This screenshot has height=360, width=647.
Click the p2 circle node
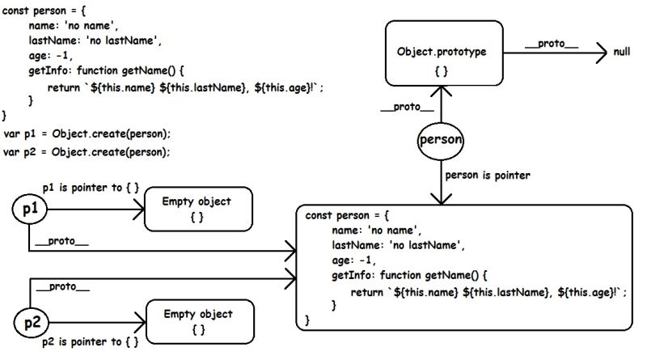(x=32, y=324)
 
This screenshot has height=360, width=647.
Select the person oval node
(x=441, y=140)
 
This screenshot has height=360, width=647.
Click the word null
(x=622, y=53)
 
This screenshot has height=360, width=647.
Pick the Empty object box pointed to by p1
(x=197, y=209)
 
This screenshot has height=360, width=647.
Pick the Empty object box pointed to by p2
(x=198, y=321)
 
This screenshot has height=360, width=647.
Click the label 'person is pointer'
(x=487, y=175)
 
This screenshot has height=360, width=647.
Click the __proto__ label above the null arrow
(x=551, y=42)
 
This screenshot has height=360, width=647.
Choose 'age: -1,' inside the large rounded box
(x=354, y=260)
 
